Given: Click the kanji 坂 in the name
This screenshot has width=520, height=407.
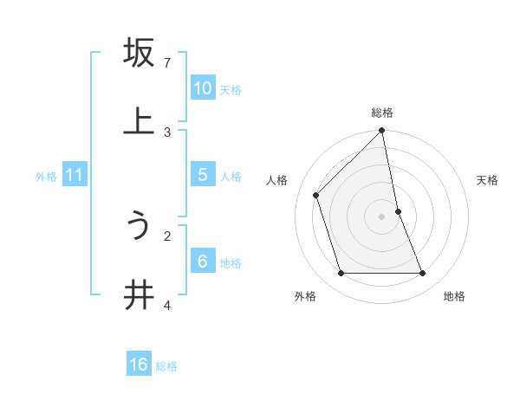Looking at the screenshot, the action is pos(139,53).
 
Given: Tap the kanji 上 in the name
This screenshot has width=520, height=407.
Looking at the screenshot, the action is pos(139,121).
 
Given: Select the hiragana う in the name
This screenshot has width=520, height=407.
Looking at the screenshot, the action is pos(139,227).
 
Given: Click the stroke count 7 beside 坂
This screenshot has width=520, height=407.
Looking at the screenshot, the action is pos(167,63).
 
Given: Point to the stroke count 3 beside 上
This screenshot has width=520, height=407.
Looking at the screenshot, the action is pos(167,132).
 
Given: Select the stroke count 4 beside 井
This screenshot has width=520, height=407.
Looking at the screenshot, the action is pos(167,305).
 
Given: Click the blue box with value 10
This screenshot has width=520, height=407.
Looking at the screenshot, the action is pos(203,88).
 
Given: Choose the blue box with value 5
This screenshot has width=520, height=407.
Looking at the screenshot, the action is pos(203,175).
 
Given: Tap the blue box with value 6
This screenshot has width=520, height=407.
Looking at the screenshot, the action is pos(203,261).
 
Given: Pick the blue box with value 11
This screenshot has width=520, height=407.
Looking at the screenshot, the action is pos(74,175).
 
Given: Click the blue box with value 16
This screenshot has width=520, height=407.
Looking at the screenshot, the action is pos(139,365).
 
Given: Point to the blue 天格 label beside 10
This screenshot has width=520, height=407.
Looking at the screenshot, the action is pos(231,90).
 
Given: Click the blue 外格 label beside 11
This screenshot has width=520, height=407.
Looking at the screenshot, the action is pos(46,177).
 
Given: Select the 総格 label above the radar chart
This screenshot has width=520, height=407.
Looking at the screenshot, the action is pos(382,113).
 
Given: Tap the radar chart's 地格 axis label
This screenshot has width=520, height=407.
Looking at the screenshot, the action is pos(454,296).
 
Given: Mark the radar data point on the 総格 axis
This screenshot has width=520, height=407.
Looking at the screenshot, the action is pos(382,132).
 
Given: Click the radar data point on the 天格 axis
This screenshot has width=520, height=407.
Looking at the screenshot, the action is pos(398,211).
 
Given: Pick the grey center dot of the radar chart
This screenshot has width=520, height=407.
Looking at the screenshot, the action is pos(382,216).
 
